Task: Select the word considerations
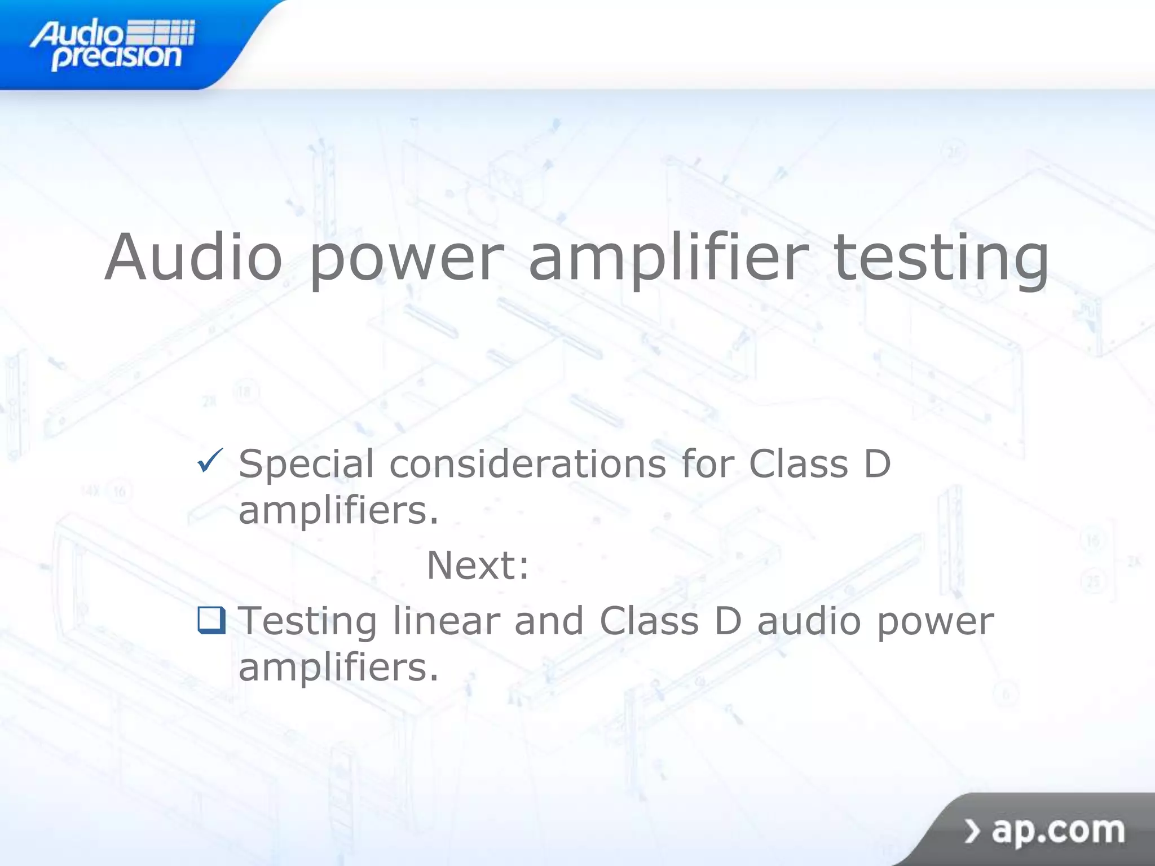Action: tap(528, 464)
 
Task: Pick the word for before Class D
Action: tap(708, 463)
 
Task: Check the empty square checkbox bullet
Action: tap(211, 620)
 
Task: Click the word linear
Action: tap(446, 621)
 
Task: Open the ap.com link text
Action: tap(1058, 831)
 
